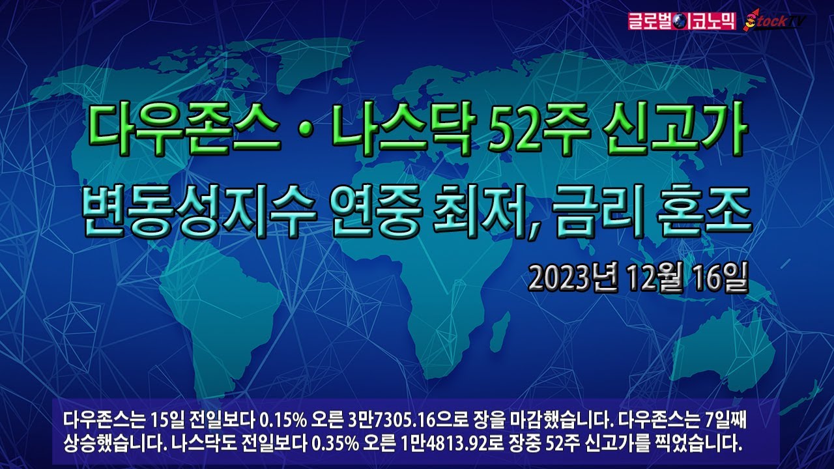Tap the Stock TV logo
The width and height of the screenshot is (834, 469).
[x=777, y=21]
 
